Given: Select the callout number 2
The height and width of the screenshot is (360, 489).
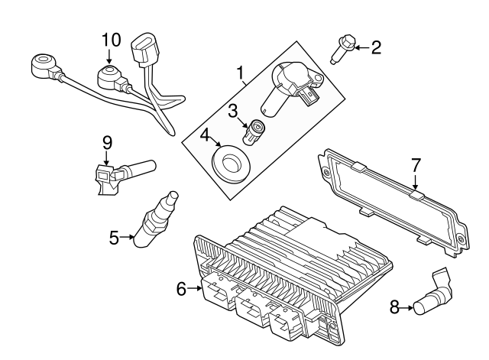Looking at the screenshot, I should (375, 48).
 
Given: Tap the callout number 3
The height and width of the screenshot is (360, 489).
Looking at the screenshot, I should (232, 112).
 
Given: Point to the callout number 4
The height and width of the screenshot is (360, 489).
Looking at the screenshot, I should (206, 137).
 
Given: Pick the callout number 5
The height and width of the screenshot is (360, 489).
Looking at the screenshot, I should (114, 238).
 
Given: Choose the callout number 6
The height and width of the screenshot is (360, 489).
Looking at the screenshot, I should (180, 288).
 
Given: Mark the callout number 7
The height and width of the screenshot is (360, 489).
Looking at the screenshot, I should (416, 164).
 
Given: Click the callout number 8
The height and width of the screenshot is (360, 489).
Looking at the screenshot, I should (394, 307).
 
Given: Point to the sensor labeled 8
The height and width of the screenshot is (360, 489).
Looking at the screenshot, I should (430, 297).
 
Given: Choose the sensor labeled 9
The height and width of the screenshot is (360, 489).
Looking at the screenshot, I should (122, 173).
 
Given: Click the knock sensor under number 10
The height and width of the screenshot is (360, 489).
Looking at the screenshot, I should (108, 77).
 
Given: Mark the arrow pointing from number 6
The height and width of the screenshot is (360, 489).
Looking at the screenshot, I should (196, 288).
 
